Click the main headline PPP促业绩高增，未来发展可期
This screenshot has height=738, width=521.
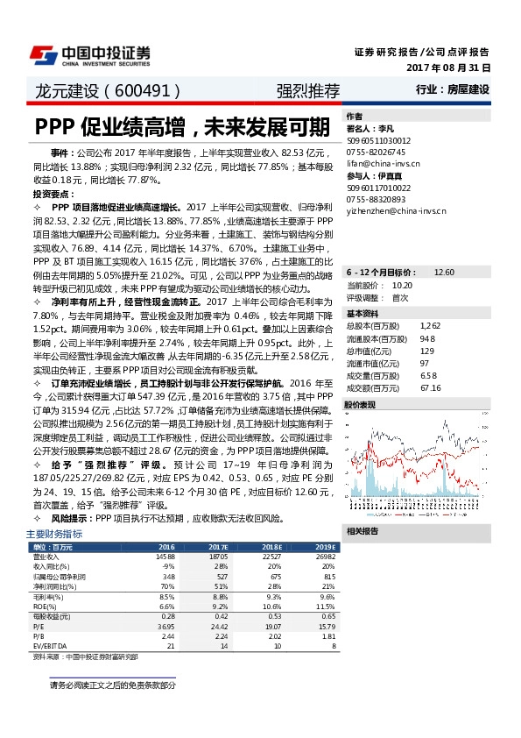tap(183, 127)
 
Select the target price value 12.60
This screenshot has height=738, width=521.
tap(445, 273)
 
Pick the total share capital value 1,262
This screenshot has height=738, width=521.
tap(429, 326)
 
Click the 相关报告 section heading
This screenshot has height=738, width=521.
tap(361, 531)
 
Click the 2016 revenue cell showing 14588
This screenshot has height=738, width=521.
tap(165, 557)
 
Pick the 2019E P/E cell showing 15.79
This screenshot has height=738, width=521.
tap(325, 628)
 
